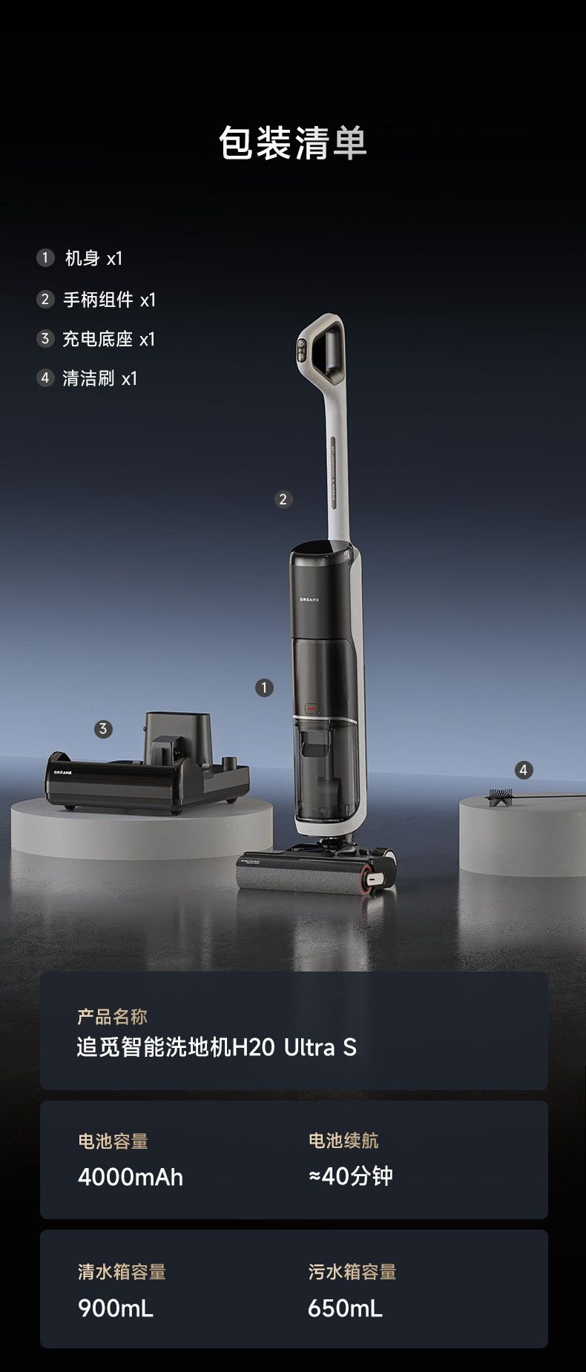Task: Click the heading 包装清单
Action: (x=293, y=142)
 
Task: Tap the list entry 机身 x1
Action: (x=93, y=258)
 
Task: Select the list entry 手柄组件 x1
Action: (x=110, y=300)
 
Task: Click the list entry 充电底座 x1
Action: (x=109, y=339)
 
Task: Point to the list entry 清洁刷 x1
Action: (x=100, y=378)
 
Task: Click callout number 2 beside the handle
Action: (x=283, y=499)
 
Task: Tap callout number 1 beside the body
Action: (x=264, y=687)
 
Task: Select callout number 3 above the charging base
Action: (x=103, y=728)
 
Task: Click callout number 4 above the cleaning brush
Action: (x=524, y=770)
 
